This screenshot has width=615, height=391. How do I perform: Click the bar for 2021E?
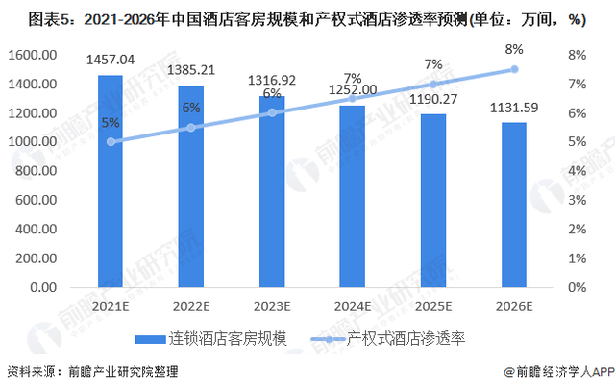[x=111, y=182]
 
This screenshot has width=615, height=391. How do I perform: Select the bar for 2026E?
[x=514, y=206]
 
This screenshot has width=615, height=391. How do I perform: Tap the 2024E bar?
[x=353, y=197]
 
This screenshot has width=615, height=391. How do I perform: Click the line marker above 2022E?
[x=191, y=128]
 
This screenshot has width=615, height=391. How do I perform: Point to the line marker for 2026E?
[x=514, y=69]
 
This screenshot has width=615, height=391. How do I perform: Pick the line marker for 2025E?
[x=433, y=85]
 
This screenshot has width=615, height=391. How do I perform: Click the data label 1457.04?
[x=111, y=60]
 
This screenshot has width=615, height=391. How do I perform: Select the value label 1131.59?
[x=514, y=108]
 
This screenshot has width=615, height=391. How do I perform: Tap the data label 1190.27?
[x=433, y=99]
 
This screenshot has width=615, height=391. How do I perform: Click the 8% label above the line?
[x=514, y=49]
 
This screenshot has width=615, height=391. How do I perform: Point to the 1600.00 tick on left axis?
[x=33, y=55]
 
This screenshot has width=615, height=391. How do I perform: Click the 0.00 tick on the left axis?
[x=43, y=287]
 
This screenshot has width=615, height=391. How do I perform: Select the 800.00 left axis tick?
[x=37, y=171]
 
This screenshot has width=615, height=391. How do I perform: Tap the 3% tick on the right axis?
[x=577, y=200]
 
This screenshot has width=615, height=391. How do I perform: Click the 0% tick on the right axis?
[x=577, y=287]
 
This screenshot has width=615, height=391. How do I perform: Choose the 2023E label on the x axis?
[x=272, y=306]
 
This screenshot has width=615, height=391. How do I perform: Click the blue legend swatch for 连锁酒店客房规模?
[x=150, y=339]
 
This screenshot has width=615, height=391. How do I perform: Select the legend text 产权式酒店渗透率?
[x=406, y=339]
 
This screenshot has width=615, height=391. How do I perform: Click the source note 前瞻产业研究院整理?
[x=124, y=371]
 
